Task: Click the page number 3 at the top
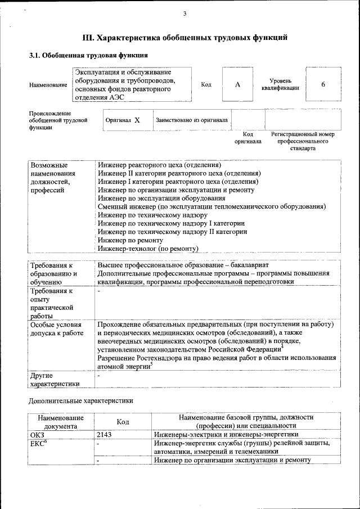point(184,13)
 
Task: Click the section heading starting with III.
point(185,38)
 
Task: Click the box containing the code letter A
point(237,84)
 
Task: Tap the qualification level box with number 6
point(323,84)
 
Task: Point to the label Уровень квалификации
point(280,84)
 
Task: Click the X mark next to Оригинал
point(137,120)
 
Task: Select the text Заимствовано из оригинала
point(191,120)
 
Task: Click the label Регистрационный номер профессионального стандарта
point(302,141)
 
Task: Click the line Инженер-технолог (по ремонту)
point(148,248)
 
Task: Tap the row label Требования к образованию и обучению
point(53,274)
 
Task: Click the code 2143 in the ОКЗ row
point(105,435)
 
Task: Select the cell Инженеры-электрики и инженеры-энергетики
point(226,435)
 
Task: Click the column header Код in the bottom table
point(123,422)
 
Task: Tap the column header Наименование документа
point(61,422)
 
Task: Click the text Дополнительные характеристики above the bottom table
point(81,401)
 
